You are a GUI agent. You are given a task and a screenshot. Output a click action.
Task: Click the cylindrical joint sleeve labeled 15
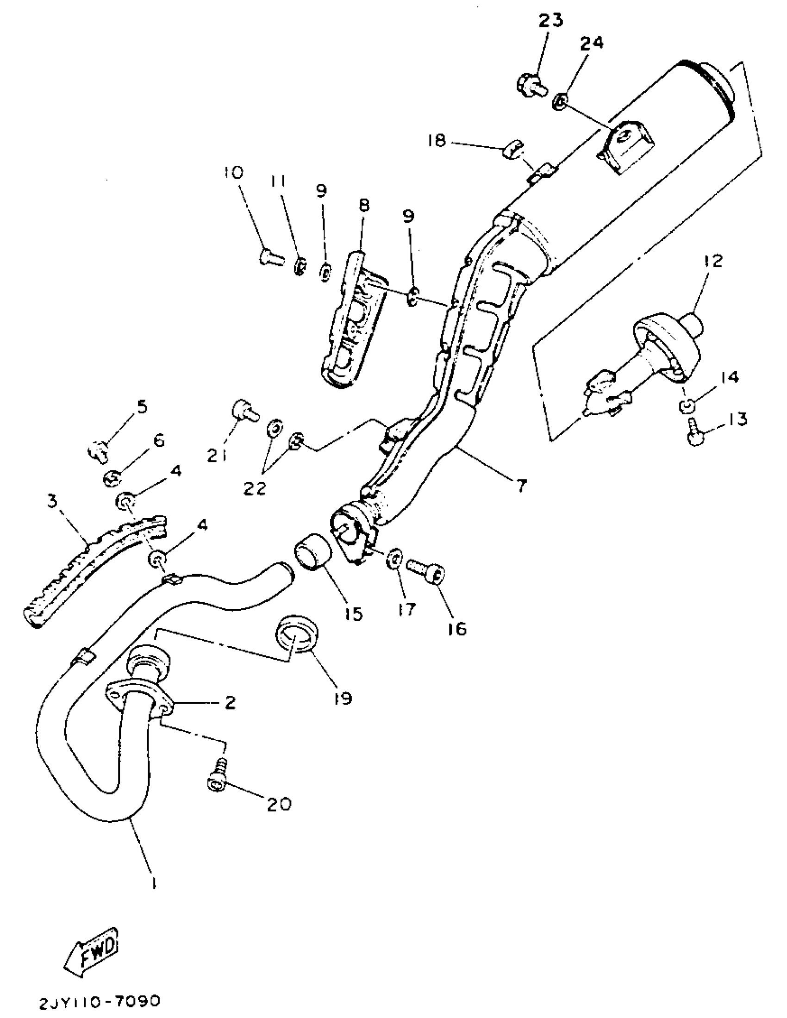[312, 553]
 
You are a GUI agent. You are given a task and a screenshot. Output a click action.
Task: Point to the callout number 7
[521, 486]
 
